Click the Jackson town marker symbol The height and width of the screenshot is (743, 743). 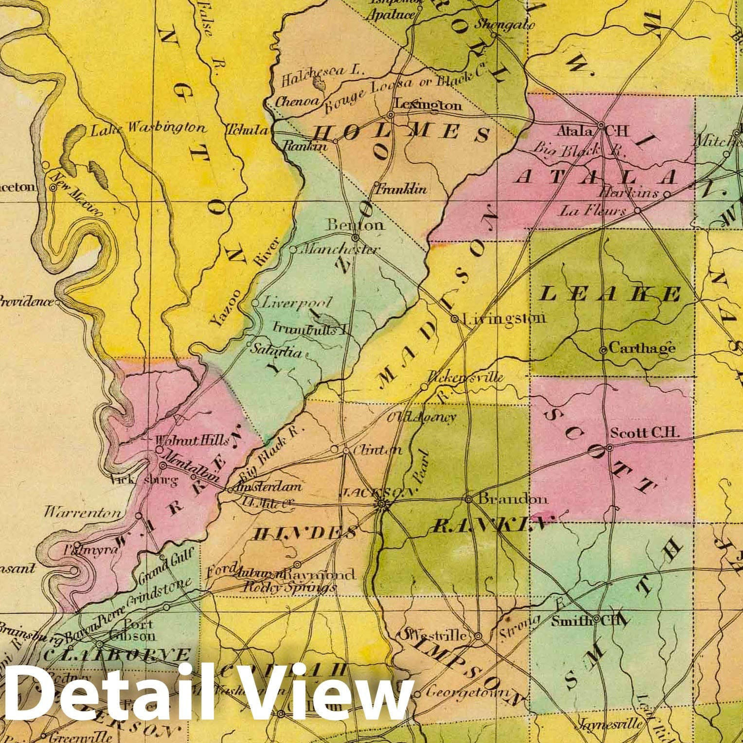pyautogui.click(x=382, y=504)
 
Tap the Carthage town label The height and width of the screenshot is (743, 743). pyautogui.click(x=641, y=348)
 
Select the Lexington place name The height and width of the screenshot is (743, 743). pyautogui.click(x=427, y=105)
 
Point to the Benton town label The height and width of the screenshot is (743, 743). pyautogui.click(x=355, y=225)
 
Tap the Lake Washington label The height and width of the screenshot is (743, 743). pyautogui.click(x=148, y=128)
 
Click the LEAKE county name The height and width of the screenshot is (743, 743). pyautogui.click(x=610, y=294)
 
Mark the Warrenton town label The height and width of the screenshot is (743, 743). pyautogui.click(x=83, y=512)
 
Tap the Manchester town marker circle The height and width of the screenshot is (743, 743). pyautogui.click(x=293, y=249)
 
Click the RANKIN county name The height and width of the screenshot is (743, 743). pyautogui.click(x=486, y=524)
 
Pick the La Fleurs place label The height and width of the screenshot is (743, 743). pyautogui.click(x=593, y=211)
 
